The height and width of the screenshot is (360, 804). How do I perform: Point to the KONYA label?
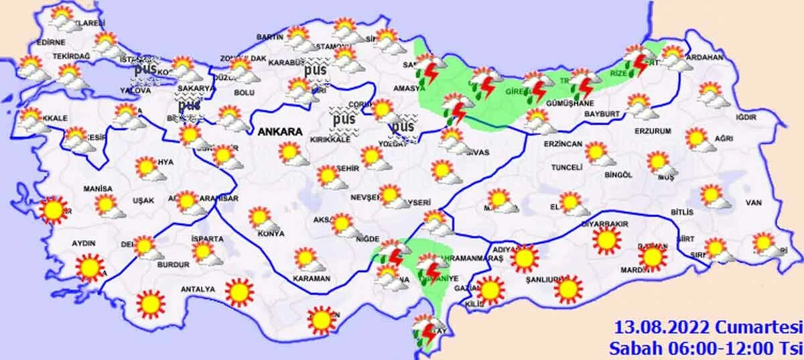[270, 234]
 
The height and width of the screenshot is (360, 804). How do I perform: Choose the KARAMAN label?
[312, 278]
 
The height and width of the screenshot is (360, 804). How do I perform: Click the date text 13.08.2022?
[655, 328]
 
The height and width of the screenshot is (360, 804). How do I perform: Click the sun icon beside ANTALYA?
[239, 291]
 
